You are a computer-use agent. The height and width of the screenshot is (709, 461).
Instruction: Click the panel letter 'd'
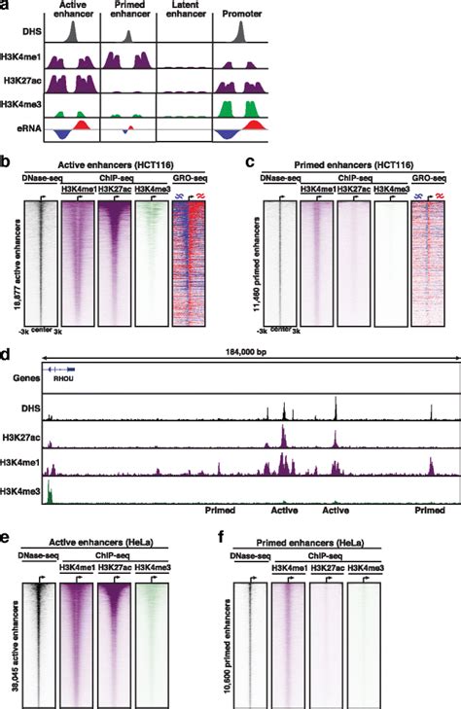[x=8, y=352]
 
